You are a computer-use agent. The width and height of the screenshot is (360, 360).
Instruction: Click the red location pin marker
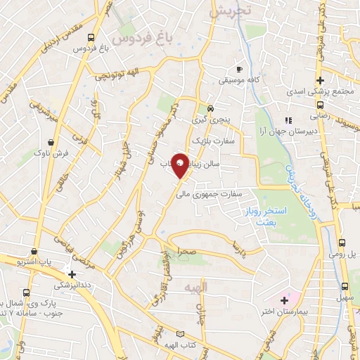[180, 165]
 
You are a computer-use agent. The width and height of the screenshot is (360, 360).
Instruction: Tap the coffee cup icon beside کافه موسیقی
[240, 69]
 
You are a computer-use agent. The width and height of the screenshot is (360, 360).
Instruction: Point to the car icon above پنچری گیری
[210, 108]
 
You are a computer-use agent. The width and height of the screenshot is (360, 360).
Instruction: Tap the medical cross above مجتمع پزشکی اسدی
[321, 80]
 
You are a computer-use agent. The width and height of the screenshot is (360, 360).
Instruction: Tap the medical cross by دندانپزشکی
[72, 274]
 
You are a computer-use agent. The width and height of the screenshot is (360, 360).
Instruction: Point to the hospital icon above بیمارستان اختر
[283, 300]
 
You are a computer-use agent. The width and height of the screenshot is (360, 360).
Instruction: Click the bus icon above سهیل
[344, 286]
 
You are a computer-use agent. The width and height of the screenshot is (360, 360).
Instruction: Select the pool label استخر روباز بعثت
[264, 215]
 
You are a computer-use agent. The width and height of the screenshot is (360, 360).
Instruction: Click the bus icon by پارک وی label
[26, 292]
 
